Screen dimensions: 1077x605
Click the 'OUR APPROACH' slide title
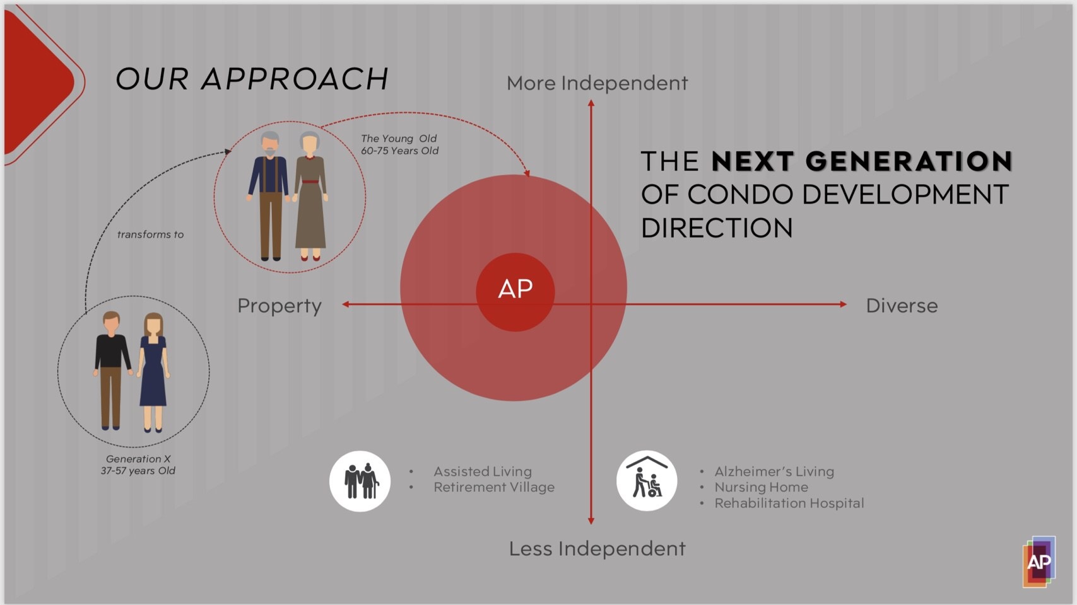pyautogui.click(x=252, y=79)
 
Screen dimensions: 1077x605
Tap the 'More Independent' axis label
pyautogui.click(x=597, y=84)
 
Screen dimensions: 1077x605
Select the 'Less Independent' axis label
pyautogui.click(x=597, y=549)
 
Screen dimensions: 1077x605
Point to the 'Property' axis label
pyautogui.click(x=280, y=306)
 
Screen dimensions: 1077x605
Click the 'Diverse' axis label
pyautogui.click(x=902, y=306)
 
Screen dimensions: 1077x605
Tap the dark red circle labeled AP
pyautogui.click(x=515, y=292)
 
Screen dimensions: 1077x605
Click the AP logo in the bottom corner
pyautogui.click(x=1039, y=562)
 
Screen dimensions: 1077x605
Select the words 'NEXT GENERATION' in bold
pyautogui.click(x=862, y=161)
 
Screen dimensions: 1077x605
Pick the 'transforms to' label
pyautogui.click(x=151, y=235)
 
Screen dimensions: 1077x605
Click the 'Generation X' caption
pyautogui.click(x=138, y=459)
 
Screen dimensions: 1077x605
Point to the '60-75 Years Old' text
pyautogui.click(x=399, y=151)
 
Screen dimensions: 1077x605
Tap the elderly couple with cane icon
pyautogui.click(x=360, y=481)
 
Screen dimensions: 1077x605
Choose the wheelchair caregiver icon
pyautogui.click(x=647, y=481)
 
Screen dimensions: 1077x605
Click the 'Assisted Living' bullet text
pyautogui.click(x=483, y=471)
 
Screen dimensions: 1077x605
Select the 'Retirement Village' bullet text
pyautogui.click(x=494, y=487)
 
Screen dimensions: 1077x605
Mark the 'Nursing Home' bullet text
pyautogui.click(x=761, y=487)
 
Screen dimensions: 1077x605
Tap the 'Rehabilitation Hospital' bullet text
pyautogui.click(x=789, y=503)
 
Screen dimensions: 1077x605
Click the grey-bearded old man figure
pyautogui.click(x=269, y=196)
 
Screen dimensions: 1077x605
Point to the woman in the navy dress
pyautogui.click(x=153, y=372)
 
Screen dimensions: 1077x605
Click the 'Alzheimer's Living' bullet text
pyautogui.click(x=774, y=471)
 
